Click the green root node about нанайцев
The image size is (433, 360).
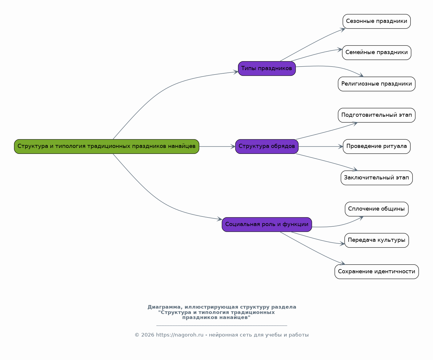pyautogui.click(x=107, y=146)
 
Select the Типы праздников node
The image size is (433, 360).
pyautogui.click(x=267, y=69)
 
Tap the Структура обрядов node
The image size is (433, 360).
pyautogui.click(x=267, y=146)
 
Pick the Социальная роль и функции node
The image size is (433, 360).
pyautogui.click(x=267, y=225)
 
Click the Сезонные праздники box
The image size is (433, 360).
pyautogui.click(x=377, y=21)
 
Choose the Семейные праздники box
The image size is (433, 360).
pyautogui.click(x=377, y=53)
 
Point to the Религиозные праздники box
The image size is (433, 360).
pyautogui.click(x=377, y=84)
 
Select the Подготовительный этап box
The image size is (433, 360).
pyautogui.click(x=377, y=115)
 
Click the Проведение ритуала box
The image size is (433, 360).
pyautogui.click(x=377, y=146)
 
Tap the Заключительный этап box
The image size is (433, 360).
pyautogui.click(x=377, y=178)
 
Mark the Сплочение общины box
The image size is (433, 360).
pyautogui.click(x=377, y=209)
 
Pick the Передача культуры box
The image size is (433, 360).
pyautogui.click(x=377, y=240)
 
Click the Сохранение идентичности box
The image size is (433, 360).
pyautogui.click(x=377, y=272)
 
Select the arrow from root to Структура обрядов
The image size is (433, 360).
pyautogui.click(x=217, y=146)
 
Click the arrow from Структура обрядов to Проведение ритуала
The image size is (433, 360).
pyautogui.click(x=321, y=146)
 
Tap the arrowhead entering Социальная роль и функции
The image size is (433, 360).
pyautogui.click(x=220, y=220)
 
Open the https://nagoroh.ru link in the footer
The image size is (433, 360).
pyautogui.click(x=180, y=335)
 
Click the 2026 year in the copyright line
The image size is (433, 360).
pyautogui.click(x=148, y=335)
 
